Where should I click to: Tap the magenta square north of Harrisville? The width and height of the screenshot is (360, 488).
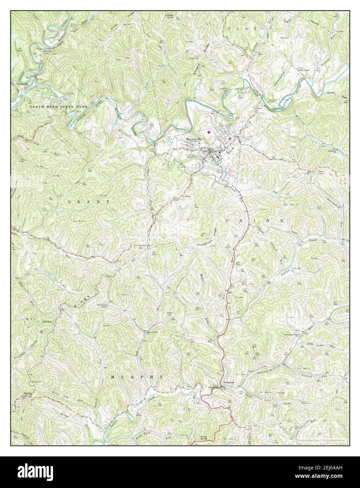click(209, 132)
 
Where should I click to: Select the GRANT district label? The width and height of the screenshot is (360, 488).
click(89, 202)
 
